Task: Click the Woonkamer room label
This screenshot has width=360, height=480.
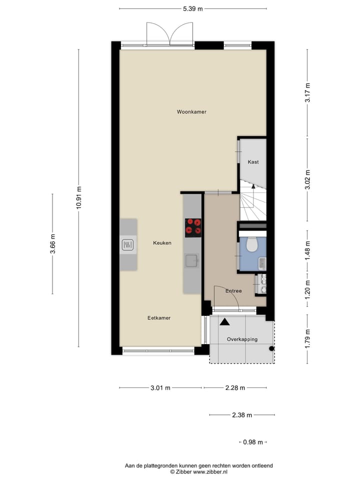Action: click(x=191, y=112)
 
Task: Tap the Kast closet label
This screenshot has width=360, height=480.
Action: click(x=253, y=162)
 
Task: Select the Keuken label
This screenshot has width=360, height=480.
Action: click(x=162, y=243)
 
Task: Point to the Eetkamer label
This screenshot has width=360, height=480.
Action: click(x=159, y=318)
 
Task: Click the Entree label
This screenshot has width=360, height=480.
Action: click(x=233, y=291)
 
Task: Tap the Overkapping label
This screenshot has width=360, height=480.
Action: click(x=242, y=339)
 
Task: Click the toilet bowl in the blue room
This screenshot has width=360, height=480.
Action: click(x=251, y=244)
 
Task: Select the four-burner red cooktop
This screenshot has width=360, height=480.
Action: click(x=193, y=227)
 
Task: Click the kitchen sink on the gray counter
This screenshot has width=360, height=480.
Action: click(x=191, y=260)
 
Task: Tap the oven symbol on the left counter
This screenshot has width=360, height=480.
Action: click(x=128, y=245)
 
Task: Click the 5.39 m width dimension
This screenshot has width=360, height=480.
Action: click(x=193, y=8)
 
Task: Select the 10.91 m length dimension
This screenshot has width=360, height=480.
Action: click(x=78, y=197)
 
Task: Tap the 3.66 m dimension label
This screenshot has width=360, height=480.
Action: click(x=52, y=244)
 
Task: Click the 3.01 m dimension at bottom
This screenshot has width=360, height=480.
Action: click(x=160, y=387)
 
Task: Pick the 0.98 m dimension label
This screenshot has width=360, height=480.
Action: click(x=253, y=442)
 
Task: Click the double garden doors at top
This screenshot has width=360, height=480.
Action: click(x=170, y=35)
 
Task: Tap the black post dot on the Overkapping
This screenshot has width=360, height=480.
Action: click(x=271, y=348)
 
